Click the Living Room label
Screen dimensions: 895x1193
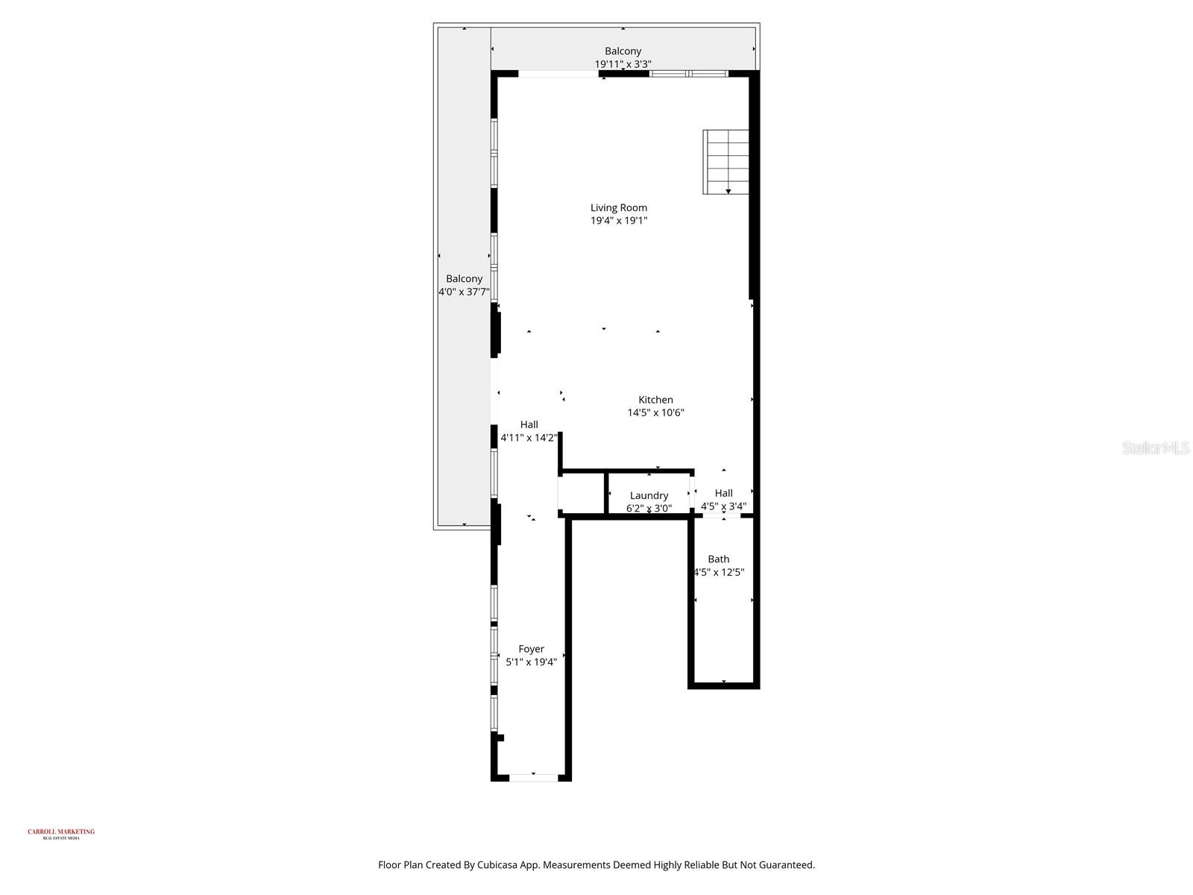pyautogui.click(x=618, y=207)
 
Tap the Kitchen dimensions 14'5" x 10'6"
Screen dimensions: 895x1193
pyautogui.click(x=655, y=412)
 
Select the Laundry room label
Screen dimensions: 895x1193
pyautogui.click(x=649, y=495)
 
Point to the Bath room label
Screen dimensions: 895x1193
pyautogui.click(x=718, y=559)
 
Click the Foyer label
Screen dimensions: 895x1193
pyautogui.click(x=531, y=649)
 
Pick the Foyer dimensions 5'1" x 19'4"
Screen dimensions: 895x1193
pyautogui.click(x=531, y=662)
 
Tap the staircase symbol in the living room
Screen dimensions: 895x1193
pyautogui.click(x=725, y=161)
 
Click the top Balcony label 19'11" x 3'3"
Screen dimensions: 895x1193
pyautogui.click(x=623, y=57)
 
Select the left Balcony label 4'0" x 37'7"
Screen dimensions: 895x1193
pyautogui.click(x=464, y=285)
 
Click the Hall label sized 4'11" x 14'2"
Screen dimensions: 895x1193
pyautogui.click(x=529, y=431)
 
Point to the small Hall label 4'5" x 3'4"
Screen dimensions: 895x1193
pyautogui.click(x=723, y=500)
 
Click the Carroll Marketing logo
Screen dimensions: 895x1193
pyautogui.click(x=61, y=833)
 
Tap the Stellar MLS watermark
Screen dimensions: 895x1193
pyautogui.click(x=1155, y=447)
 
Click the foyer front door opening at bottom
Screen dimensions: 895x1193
pyautogui.click(x=533, y=777)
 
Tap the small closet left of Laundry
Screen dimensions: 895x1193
pyautogui.click(x=581, y=493)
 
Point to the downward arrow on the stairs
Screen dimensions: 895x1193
pyautogui.click(x=728, y=191)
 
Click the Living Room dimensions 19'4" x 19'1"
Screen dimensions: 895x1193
pyautogui.click(x=618, y=221)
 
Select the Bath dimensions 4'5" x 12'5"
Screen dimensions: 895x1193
pyautogui.click(x=719, y=572)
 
